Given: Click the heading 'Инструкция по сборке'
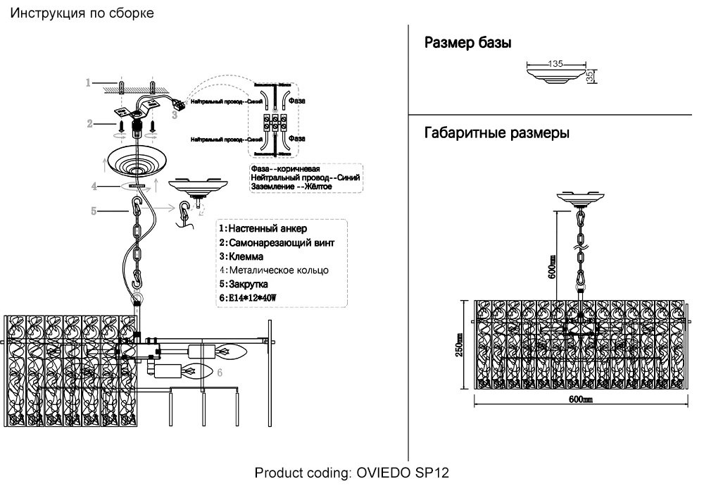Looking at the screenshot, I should (x=81, y=13).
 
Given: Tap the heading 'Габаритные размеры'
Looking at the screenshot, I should (x=497, y=133).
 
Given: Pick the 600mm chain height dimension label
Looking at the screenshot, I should (x=552, y=267).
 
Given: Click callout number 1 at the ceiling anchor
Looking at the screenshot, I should (x=89, y=82).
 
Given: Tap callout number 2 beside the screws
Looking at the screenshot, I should (x=90, y=124).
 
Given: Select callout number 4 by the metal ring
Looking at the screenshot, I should (x=94, y=187).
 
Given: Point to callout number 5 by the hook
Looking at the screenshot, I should (x=94, y=209).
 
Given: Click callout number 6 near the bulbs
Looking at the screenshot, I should (x=220, y=371).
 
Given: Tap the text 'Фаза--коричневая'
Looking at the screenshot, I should (x=285, y=170).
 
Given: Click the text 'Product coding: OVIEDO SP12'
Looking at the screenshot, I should (x=351, y=472).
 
